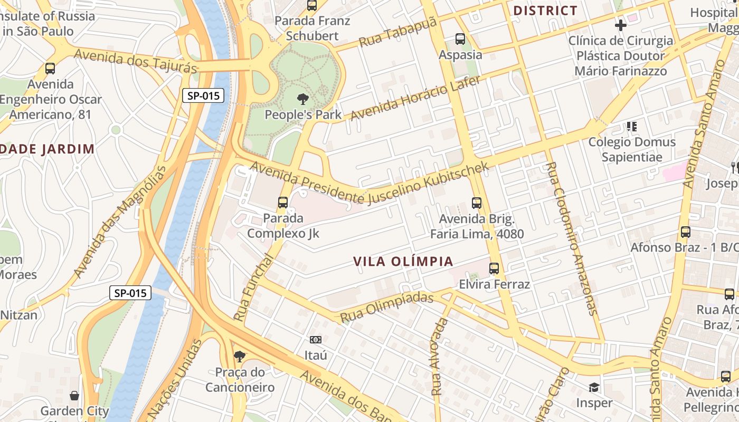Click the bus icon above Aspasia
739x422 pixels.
pos(460,39)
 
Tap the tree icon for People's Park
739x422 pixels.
pos(302,99)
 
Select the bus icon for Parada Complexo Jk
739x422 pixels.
pos(283,202)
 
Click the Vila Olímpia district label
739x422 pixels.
pos(403,262)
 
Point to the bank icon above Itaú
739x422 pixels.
pos(316,340)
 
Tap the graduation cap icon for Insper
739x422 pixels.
pos(594,388)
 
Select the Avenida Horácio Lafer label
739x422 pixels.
pos(415,98)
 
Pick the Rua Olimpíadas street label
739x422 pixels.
pos(386,307)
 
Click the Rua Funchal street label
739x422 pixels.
pos(253,288)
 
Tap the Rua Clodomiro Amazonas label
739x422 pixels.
pos(571,238)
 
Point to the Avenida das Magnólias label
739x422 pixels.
pos(119,222)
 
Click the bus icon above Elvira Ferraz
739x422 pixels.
pos(494,268)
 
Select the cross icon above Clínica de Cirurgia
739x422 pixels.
pos(621,25)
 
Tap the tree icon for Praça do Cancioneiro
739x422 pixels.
pos(240,357)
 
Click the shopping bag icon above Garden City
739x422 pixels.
pos(75,396)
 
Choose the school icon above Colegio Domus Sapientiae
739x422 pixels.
pos(631,127)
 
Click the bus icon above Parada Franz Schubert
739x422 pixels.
pos(312,6)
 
